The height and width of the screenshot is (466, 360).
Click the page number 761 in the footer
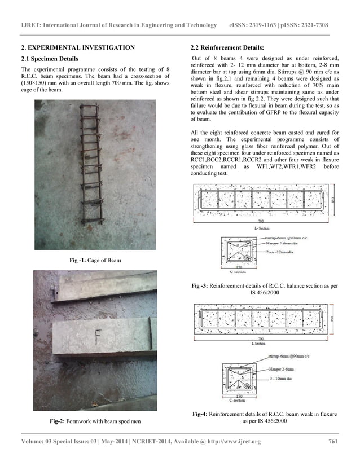[x=331, y=441]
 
